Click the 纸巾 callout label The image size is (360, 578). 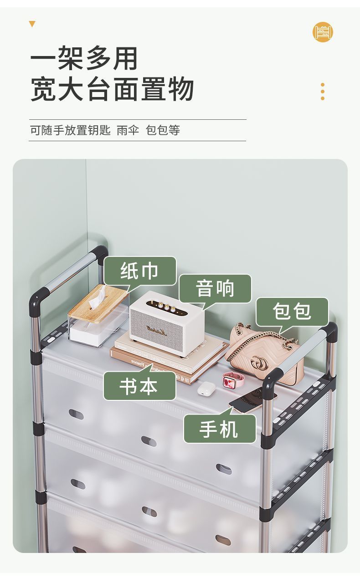point(140,271)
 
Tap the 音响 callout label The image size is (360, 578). point(215,288)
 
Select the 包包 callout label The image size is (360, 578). point(292,312)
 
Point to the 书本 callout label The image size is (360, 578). point(139,386)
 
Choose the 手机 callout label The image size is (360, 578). point(219,429)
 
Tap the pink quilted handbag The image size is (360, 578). point(264,353)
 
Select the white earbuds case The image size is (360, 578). point(206,388)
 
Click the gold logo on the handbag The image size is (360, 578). point(259,363)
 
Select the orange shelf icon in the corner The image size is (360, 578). point(323,32)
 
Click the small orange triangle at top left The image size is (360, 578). point(32,24)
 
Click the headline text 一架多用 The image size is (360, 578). point(84,58)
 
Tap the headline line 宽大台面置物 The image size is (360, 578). point(112,89)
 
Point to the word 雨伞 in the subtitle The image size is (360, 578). point(128,130)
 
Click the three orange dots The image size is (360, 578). point(323,92)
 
